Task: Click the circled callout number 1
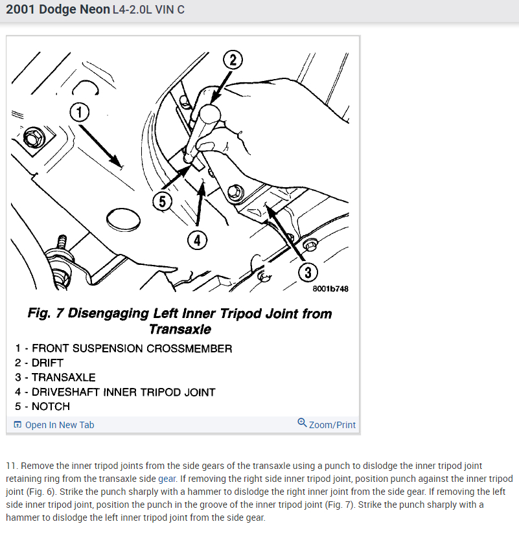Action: click(x=80, y=112)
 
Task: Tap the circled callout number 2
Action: click(x=233, y=60)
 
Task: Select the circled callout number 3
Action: click(x=308, y=272)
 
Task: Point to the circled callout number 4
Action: click(x=197, y=240)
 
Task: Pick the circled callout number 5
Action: click(x=163, y=201)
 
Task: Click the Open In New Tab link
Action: click(x=60, y=425)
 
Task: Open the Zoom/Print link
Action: click(x=332, y=425)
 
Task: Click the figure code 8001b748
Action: click(x=330, y=289)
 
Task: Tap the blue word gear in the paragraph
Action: click(x=167, y=479)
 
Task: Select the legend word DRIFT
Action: click(x=47, y=363)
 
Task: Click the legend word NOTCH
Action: click(x=51, y=406)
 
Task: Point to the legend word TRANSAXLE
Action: click(x=63, y=378)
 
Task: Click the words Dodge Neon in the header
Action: click(x=75, y=9)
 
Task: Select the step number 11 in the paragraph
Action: click(x=11, y=466)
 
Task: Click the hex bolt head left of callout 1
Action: click(x=34, y=138)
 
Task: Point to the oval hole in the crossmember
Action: click(x=123, y=220)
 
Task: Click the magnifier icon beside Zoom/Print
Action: click(x=302, y=423)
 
